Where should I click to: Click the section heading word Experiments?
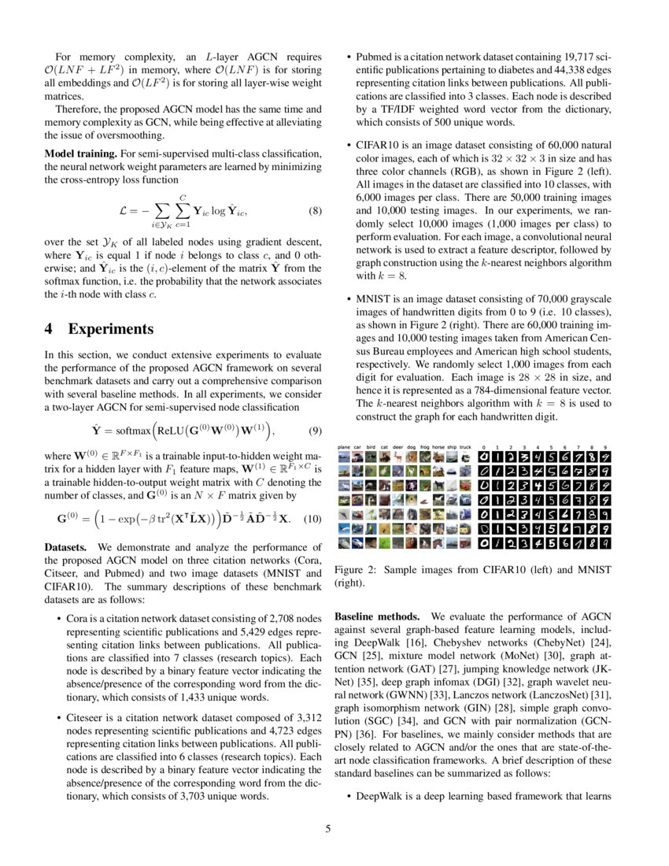[110, 329]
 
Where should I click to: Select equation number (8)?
[312, 211]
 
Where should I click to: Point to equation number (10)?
[312, 520]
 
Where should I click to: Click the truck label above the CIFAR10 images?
[465, 446]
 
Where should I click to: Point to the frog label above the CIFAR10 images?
[425, 446]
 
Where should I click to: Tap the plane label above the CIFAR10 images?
[344, 446]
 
